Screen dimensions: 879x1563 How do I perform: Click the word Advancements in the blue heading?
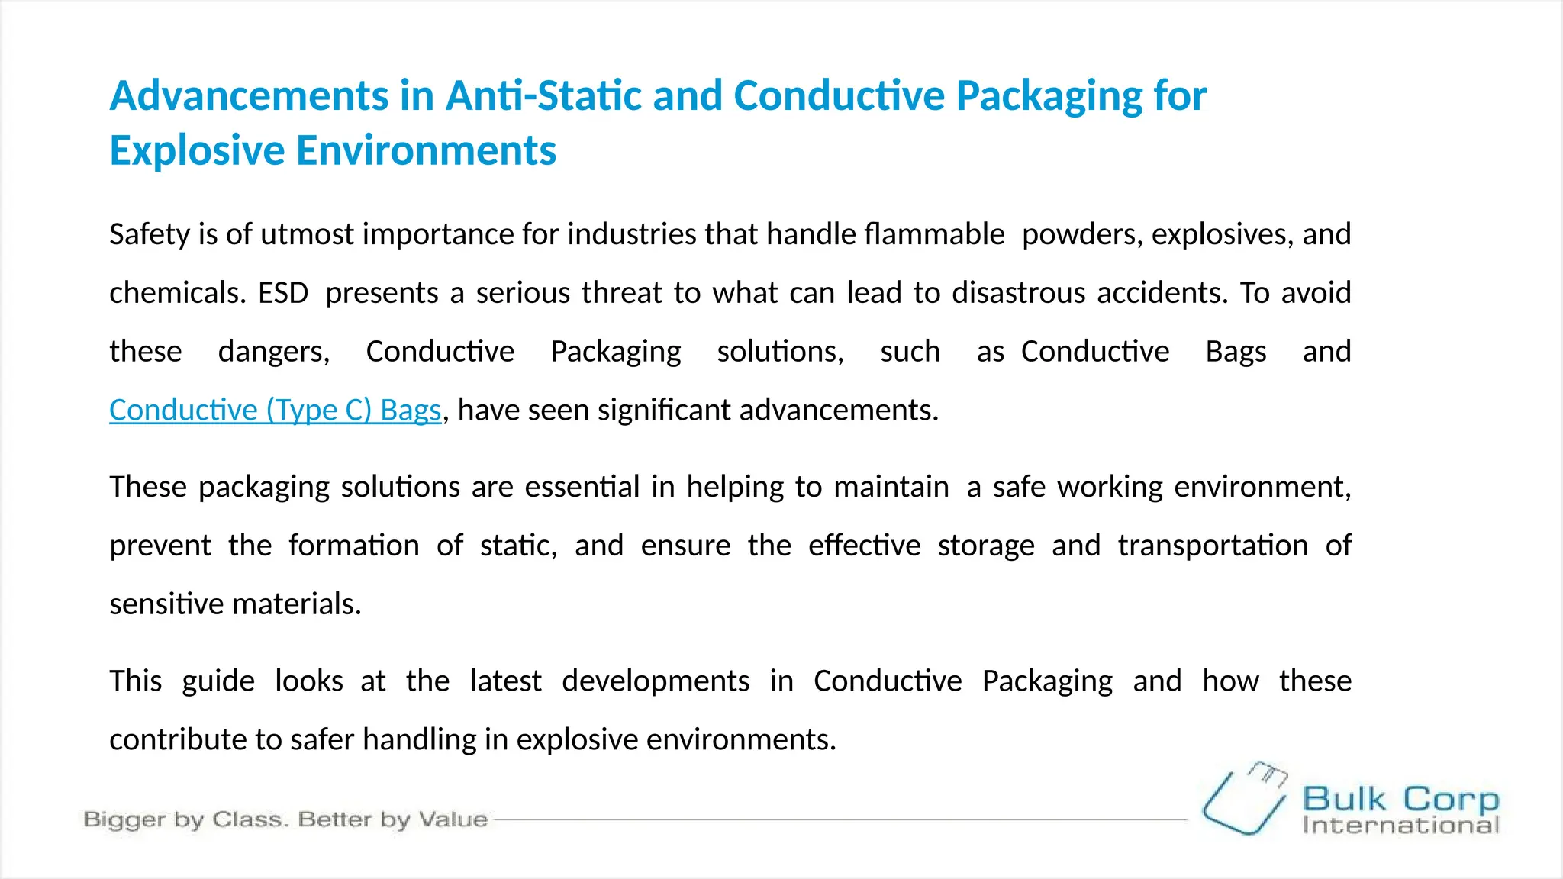(249, 96)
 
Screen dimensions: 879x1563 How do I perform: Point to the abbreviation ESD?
(283, 293)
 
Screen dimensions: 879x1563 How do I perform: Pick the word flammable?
(885, 234)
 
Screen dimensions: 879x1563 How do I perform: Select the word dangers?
(273, 352)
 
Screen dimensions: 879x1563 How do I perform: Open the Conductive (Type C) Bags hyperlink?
(275, 411)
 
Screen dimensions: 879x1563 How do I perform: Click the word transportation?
(1213, 546)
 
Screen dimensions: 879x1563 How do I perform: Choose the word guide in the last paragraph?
(218, 681)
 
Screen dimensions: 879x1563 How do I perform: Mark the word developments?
(656, 681)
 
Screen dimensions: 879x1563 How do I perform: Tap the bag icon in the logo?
(1244, 799)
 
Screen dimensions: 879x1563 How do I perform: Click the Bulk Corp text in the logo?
(1400, 799)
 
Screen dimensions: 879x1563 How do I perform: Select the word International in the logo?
(1400, 826)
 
